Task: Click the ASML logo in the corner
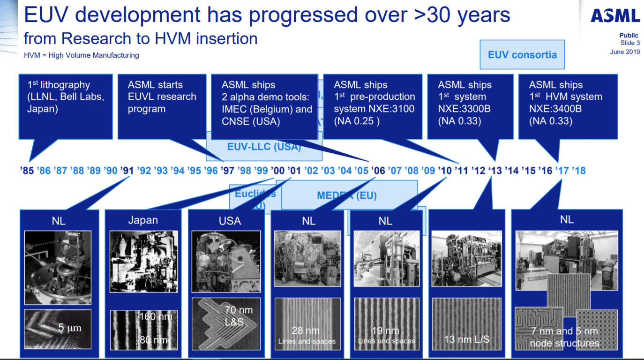click(x=615, y=16)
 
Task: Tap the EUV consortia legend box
click(x=522, y=55)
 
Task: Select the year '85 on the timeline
click(x=27, y=170)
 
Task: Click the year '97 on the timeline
click(x=227, y=170)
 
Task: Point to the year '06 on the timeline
click(x=378, y=170)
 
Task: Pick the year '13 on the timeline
click(x=495, y=170)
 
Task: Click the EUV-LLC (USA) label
click(x=263, y=146)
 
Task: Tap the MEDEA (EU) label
click(x=347, y=195)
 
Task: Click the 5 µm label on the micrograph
click(x=69, y=328)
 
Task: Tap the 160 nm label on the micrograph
click(x=156, y=317)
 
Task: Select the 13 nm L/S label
click(x=466, y=339)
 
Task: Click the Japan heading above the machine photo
click(x=143, y=220)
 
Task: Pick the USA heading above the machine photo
click(x=230, y=220)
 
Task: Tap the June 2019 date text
click(x=624, y=52)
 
